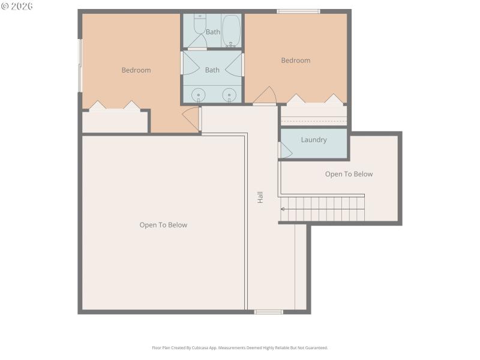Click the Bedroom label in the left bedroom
click(x=136, y=70)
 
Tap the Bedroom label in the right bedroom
click(x=296, y=61)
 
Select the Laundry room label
click(x=314, y=140)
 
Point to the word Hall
click(x=260, y=197)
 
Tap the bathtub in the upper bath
click(x=231, y=30)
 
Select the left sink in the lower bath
click(x=199, y=95)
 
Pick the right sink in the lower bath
click(x=229, y=95)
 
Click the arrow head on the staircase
click(x=283, y=209)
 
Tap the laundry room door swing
click(x=285, y=151)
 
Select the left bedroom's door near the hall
click(x=192, y=118)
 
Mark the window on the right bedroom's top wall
click(x=298, y=11)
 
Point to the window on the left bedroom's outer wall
click(x=80, y=66)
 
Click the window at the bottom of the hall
click(x=268, y=312)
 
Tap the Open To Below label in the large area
click(x=163, y=225)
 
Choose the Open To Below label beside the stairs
click(x=349, y=174)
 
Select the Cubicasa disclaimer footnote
click(x=240, y=347)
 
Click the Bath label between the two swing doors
click(x=212, y=70)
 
